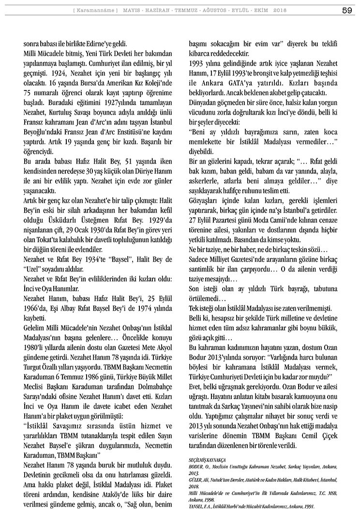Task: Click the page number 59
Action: pos(346,10)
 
